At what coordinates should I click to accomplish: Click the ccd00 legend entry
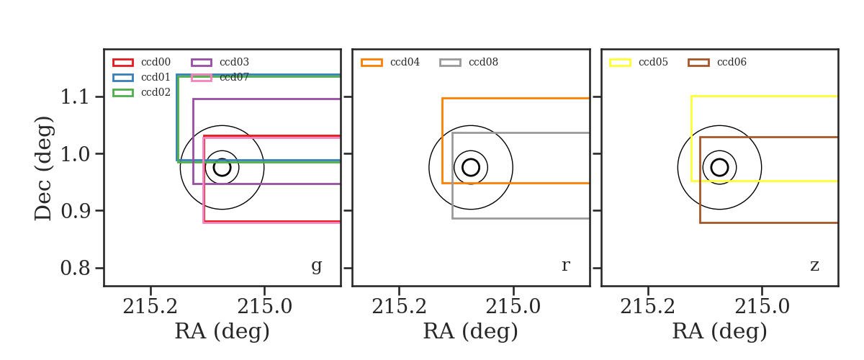pyautogui.click(x=142, y=62)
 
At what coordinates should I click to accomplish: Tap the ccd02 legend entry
pyautogui.click(x=142, y=93)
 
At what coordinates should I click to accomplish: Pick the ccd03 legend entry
pyautogui.click(x=220, y=62)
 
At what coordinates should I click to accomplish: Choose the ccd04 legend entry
pyautogui.click(x=390, y=62)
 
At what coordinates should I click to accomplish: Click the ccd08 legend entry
pyautogui.click(x=469, y=62)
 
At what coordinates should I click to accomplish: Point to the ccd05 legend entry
pyautogui.click(x=639, y=62)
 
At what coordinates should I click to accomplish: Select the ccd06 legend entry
pyautogui.click(x=717, y=62)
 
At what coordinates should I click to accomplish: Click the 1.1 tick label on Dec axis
pyautogui.click(x=75, y=96)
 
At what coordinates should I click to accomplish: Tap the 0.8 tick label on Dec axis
pyautogui.click(x=75, y=268)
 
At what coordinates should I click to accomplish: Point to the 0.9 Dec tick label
pyautogui.click(x=75, y=211)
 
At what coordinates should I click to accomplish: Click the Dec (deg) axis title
pyautogui.click(x=42, y=168)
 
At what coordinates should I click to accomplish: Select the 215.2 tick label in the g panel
pyautogui.click(x=150, y=307)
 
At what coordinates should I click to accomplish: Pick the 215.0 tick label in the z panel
pyautogui.click(x=762, y=307)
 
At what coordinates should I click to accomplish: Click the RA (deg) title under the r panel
pyautogui.click(x=471, y=332)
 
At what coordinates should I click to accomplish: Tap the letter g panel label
pyautogui.click(x=317, y=266)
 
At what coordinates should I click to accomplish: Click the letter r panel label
pyautogui.click(x=566, y=266)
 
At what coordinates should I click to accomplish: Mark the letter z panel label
pyautogui.click(x=814, y=266)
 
